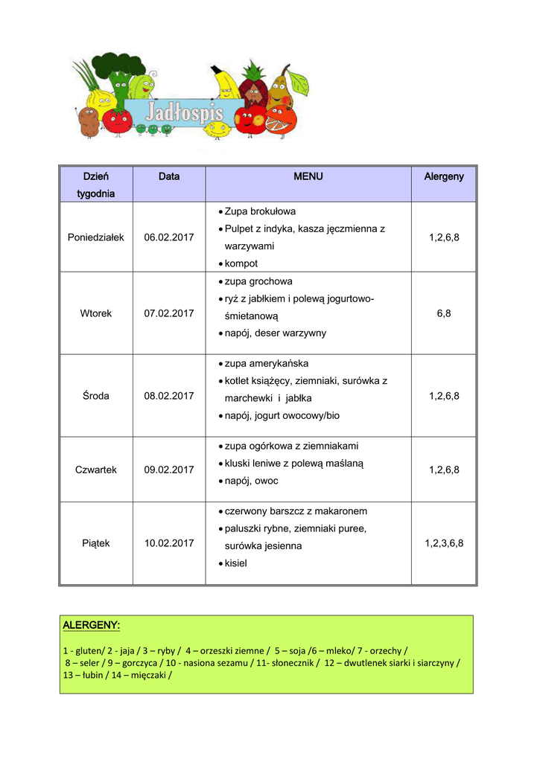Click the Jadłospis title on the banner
coord(183,113)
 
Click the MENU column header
coord(308,176)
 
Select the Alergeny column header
coord(444,176)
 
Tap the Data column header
coord(169,176)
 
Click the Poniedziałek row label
coord(96,237)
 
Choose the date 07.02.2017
coord(169,313)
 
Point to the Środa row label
coord(96,396)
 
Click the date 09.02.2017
coord(169,470)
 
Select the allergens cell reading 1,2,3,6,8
coord(444,543)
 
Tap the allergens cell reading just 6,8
coord(444,313)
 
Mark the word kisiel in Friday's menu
coord(235,563)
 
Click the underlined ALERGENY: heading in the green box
coord(92,625)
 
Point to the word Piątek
coord(96,543)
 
